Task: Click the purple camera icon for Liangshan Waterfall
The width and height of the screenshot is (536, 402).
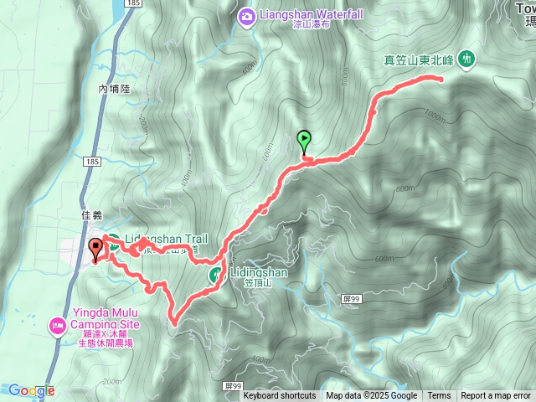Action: coord(246,14)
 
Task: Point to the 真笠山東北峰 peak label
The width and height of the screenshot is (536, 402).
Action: coord(418,59)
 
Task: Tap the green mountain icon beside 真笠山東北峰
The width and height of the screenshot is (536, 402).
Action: coord(466,59)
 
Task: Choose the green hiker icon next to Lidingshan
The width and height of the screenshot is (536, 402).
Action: coord(215,274)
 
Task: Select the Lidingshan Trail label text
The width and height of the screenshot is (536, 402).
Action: coord(166,239)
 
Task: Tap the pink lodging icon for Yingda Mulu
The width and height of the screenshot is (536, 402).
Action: coord(57,324)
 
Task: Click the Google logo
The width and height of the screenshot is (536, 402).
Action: coord(31,390)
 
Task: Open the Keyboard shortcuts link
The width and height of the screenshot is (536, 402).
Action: coord(280,396)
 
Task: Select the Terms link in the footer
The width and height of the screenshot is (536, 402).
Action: coord(439,396)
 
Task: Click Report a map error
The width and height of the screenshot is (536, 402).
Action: coord(496,396)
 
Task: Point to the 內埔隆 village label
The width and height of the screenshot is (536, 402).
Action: coord(116,88)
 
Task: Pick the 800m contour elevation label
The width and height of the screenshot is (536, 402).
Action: coord(405,188)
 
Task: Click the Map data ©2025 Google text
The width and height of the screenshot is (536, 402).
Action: coord(371,396)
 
